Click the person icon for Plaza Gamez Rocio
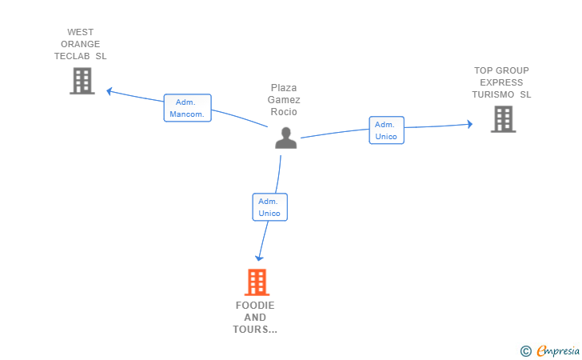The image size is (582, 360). coord(285,138)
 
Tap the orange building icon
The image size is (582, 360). coord(256,282)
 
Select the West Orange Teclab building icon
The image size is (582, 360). coord(82,81)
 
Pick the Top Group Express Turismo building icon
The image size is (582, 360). coord(503,119)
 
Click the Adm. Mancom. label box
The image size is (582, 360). coord(188,108)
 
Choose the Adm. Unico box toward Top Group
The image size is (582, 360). coord(386,130)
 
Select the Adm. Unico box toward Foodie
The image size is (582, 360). coord(269,207)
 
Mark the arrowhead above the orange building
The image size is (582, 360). coord(258,257)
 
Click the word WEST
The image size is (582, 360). coord(80,33)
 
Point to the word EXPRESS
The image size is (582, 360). coord(501,82)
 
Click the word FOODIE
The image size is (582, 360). coord(255,306)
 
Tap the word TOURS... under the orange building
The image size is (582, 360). coord(255,330)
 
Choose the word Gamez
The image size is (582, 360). coord(285,100)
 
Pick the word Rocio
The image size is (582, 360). coord(285,112)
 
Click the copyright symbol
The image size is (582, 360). coord(525,350)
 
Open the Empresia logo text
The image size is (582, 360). coord(556,350)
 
